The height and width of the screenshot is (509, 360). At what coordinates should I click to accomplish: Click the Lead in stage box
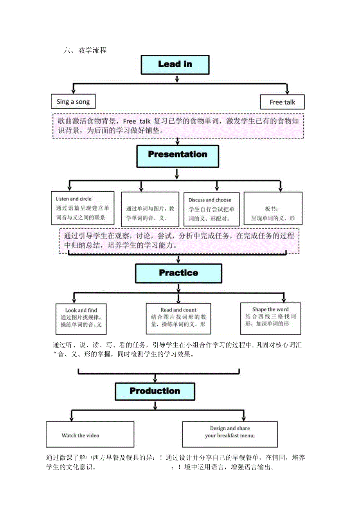click(x=175, y=65)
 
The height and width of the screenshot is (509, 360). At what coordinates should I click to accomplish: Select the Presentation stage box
click(x=177, y=155)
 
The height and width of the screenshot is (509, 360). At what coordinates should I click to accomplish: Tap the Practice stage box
click(x=178, y=273)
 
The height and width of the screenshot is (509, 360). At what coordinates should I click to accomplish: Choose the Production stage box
click(x=155, y=391)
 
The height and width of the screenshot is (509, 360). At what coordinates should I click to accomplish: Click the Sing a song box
click(x=73, y=102)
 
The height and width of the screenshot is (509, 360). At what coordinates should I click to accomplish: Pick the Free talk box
click(x=282, y=102)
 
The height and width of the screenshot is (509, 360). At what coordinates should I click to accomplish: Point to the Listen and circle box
click(x=83, y=208)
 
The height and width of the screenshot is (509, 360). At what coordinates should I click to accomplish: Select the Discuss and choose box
click(x=212, y=209)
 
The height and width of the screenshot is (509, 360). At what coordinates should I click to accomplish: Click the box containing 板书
click(x=273, y=209)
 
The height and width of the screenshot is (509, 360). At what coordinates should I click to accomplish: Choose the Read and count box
click(x=178, y=318)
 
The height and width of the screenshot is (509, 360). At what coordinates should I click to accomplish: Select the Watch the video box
click(x=90, y=435)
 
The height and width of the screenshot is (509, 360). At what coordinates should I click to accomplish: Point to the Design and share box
click(x=230, y=434)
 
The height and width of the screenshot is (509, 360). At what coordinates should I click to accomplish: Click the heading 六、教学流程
click(x=85, y=50)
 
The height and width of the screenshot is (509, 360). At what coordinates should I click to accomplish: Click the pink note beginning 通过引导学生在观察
click(x=179, y=241)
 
